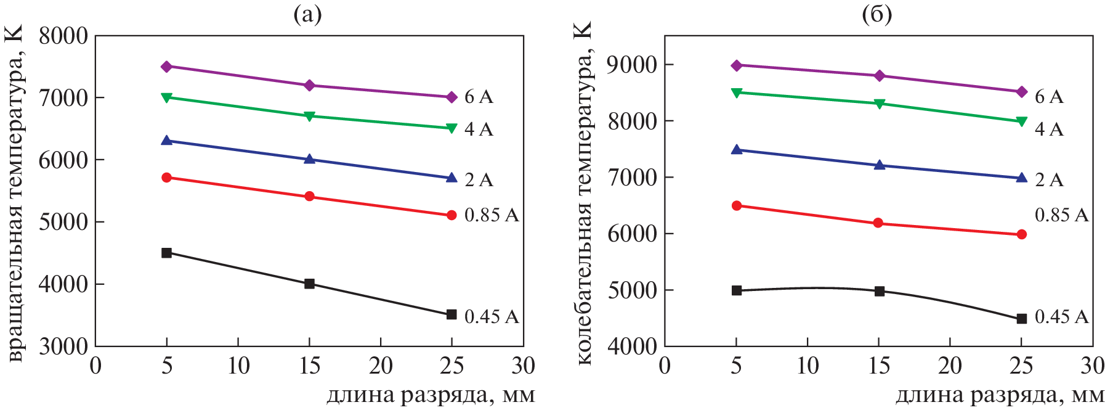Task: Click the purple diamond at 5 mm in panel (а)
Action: coord(166,67)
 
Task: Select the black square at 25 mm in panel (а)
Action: coord(451,314)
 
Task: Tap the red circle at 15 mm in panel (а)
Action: coord(309,196)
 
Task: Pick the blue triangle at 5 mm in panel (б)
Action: coord(737,149)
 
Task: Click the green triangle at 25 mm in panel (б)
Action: coord(1022,121)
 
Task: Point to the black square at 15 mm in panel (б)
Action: coord(880,291)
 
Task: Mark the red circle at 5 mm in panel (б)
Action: coord(737,205)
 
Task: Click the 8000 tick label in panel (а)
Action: coord(63,36)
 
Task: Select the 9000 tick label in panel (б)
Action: coord(632,64)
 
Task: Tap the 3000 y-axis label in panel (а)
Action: coord(63,346)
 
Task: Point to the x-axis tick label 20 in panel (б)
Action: coord(950,366)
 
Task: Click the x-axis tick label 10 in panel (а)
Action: coord(238,366)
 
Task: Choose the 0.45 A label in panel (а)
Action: coord(491,316)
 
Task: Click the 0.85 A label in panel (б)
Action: coord(1061,215)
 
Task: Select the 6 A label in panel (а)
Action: coord(479,97)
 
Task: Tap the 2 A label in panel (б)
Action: coord(1049,179)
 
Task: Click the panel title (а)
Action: coord(307,14)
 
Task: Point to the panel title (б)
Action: coord(876,14)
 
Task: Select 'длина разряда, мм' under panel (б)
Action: coord(1000,395)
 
